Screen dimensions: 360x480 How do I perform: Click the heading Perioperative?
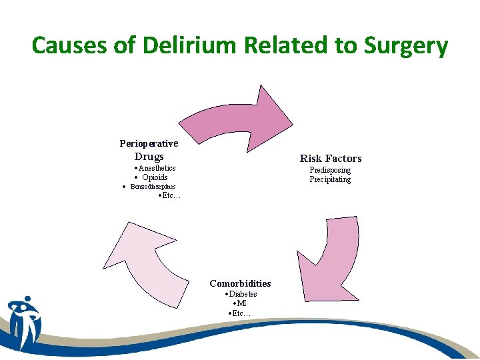pyautogui.click(x=149, y=143)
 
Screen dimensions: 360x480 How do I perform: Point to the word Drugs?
pyautogui.click(x=149, y=157)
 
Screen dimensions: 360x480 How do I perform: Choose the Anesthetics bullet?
pyautogui.click(x=155, y=168)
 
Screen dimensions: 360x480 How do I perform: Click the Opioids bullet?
pyautogui.click(x=152, y=177)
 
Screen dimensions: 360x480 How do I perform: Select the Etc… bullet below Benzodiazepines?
pyautogui.click(x=170, y=196)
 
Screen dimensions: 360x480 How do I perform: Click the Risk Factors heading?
pyautogui.click(x=331, y=159)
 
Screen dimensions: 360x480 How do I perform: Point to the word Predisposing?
pyautogui.click(x=330, y=171)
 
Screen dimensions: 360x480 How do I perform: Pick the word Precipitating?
pyautogui.click(x=330, y=180)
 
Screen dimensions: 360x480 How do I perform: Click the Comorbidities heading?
pyautogui.click(x=240, y=283)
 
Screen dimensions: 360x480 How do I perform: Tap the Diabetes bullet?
pyautogui.click(x=241, y=294)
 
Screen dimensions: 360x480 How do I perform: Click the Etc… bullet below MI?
pyautogui.click(x=239, y=313)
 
